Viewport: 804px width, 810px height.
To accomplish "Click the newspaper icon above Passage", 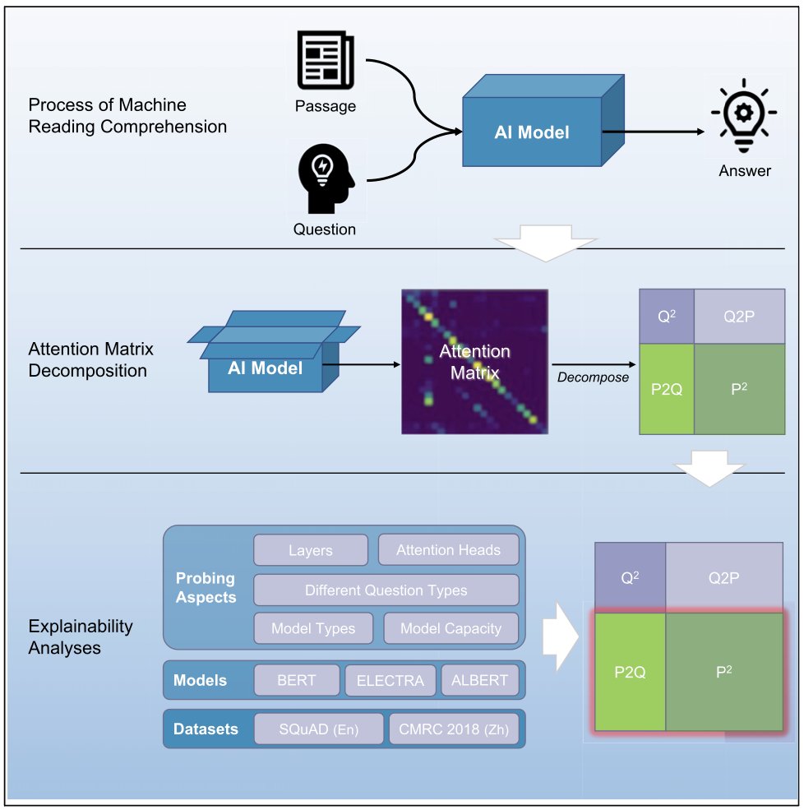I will point(324,62).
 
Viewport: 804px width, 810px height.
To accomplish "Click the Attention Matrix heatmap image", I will point(474,362).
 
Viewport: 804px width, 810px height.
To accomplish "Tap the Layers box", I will point(310,550).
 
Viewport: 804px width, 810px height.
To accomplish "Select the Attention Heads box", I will point(448,550).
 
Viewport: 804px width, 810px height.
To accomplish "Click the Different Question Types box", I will point(386,590).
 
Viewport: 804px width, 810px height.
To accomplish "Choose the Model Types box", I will point(313,628).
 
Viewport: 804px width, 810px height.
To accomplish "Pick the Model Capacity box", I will point(451,628).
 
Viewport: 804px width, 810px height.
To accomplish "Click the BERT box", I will point(296,681).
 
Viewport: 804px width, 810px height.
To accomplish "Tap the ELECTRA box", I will point(390,681).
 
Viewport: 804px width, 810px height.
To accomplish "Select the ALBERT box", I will point(480,681).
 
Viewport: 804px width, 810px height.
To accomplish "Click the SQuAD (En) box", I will point(318,729).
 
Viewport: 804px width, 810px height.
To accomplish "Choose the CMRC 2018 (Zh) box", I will point(454,729).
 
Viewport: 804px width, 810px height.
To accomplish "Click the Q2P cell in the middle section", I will point(739,315).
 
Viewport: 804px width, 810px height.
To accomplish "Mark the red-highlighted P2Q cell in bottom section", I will point(629,672).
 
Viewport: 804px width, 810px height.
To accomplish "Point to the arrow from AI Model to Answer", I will point(654,132).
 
